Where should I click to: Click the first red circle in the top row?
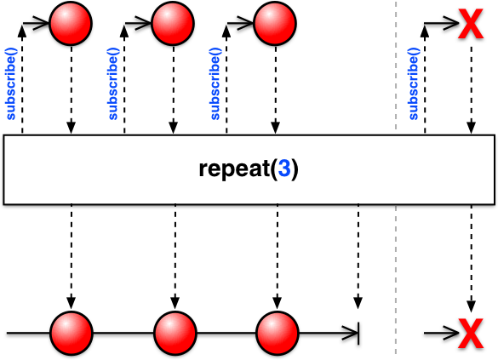[x=71, y=24]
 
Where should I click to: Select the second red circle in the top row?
[x=173, y=24]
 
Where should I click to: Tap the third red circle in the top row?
[x=275, y=24]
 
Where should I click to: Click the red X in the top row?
[x=471, y=24]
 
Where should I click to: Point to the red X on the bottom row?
[x=471, y=334]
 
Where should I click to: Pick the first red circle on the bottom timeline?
[x=72, y=333]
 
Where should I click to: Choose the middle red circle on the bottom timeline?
[x=175, y=333]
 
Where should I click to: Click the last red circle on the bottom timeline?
[x=278, y=333]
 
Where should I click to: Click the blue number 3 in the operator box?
[x=284, y=169]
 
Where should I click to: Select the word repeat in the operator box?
[x=234, y=169]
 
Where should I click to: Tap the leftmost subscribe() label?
[x=11, y=83]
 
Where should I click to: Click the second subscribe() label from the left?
[x=113, y=83]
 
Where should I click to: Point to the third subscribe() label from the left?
[x=215, y=83]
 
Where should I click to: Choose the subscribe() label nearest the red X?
[x=414, y=83]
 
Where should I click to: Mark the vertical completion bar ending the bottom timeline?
[x=358, y=334]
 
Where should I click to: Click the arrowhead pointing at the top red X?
[x=451, y=23]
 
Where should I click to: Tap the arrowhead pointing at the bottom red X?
[x=451, y=333]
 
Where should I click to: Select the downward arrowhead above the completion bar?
[x=358, y=303]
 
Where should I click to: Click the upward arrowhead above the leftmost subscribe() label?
[x=22, y=31]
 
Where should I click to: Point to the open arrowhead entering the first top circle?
[x=42, y=23]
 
